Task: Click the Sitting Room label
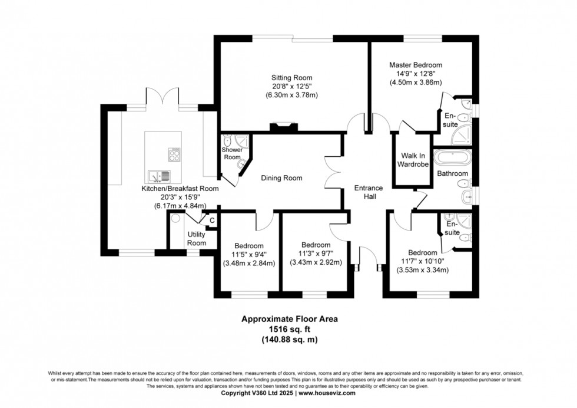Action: coord(291,77)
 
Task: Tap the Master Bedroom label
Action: coord(416,65)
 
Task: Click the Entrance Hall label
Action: coord(369,192)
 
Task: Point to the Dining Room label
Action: coord(281,178)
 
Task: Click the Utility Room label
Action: coord(197,238)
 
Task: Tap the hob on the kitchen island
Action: coord(175,154)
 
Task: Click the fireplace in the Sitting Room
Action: coord(280,126)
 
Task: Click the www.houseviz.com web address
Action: coord(329,392)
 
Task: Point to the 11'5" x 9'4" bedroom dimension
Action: coord(249,255)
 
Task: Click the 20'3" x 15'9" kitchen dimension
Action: coord(180,197)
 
